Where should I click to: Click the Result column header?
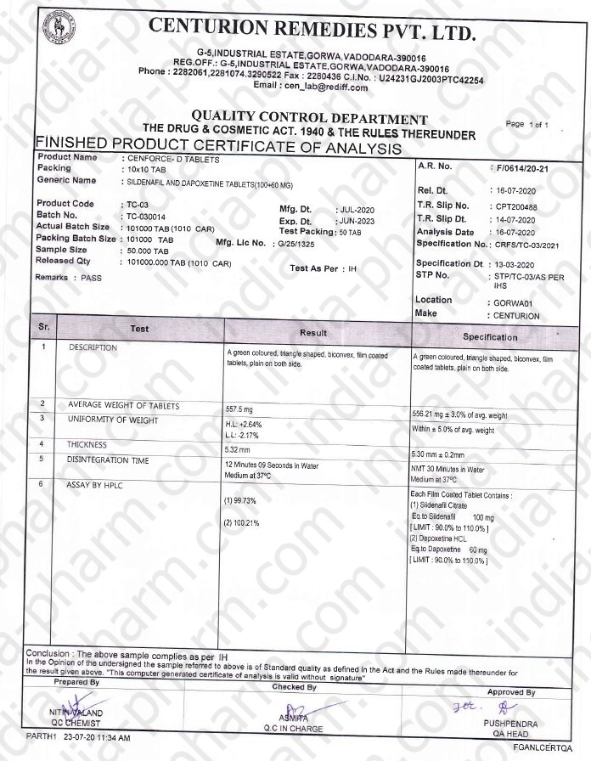pyautogui.click(x=313, y=333)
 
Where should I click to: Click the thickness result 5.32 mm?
pyautogui.click(x=238, y=448)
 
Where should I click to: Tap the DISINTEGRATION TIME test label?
pyautogui.click(x=109, y=459)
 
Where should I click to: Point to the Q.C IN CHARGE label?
pyautogui.click(x=293, y=729)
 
